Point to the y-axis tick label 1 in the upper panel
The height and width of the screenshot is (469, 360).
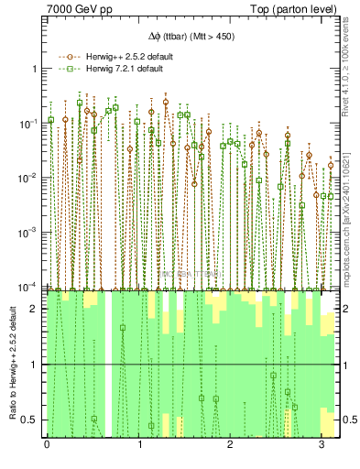coord(35,69)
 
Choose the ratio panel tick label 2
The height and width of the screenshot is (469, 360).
coord(35,310)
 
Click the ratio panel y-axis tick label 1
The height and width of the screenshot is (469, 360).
coord(35,365)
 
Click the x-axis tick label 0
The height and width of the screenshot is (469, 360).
coord(47,445)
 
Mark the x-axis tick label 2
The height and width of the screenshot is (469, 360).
coord(230,445)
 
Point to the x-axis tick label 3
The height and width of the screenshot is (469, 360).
coord(322,445)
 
